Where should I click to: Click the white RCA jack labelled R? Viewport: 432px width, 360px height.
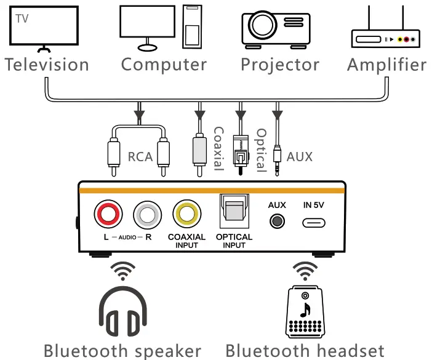tap(148, 215)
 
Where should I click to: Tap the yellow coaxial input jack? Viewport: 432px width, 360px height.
tap(187, 215)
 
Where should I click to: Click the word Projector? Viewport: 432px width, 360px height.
tap(280, 65)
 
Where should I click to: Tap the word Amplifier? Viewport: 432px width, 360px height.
tap(386, 65)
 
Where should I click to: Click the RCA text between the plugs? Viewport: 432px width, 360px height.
tap(140, 157)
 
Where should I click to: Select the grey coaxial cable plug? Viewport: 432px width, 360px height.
tap(199, 150)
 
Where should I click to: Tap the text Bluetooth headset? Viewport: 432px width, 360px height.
tap(305, 351)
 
